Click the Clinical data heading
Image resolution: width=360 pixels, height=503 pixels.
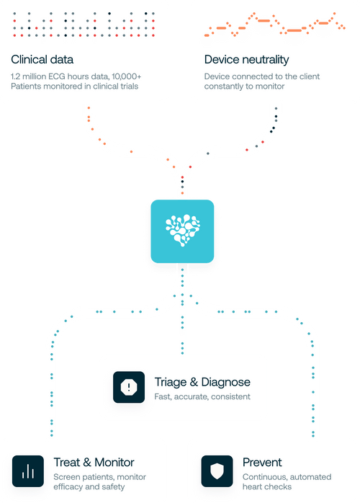tap(42, 60)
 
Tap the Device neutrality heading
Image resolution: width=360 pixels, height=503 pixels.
tap(247, 60)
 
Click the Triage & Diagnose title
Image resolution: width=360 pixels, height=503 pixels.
tap(202, 382)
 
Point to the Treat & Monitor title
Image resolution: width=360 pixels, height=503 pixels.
tap(94, 462)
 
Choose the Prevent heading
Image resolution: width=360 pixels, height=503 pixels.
tap(262, 462)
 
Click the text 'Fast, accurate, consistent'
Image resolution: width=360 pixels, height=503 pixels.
tap(202, 397)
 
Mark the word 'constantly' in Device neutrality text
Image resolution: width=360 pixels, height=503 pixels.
tap(225, 86)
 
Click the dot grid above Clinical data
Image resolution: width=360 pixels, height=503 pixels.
tap(84, 24)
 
